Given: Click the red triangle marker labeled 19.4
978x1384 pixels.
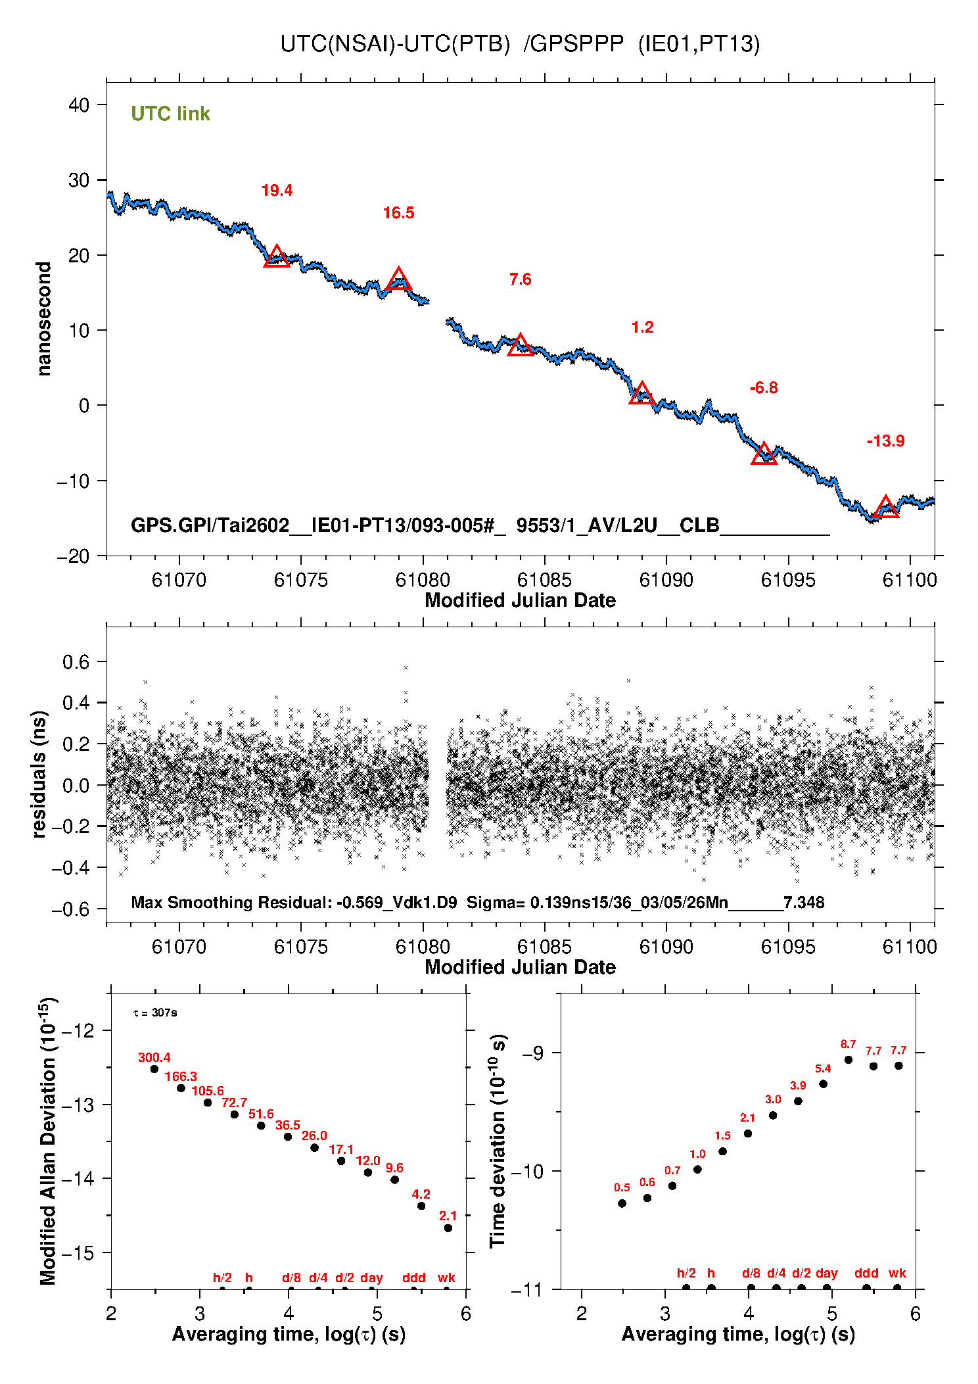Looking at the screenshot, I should click(277, 257).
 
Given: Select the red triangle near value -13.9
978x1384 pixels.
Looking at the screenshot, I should click(885, 508).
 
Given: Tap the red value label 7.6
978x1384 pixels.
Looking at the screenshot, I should click(520, 279).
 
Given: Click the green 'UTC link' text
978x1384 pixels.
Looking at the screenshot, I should click(170, 114).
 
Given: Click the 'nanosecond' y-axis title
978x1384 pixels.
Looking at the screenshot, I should click(43, 319).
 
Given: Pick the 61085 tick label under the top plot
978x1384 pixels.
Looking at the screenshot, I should click(544, 580).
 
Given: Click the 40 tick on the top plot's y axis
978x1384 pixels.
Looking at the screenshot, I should click(79, 105).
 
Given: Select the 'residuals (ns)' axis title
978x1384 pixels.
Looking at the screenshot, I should click(39, 774).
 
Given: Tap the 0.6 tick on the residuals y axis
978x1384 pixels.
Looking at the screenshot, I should click(76, 662).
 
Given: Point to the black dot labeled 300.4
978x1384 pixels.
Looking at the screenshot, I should click(154, 1068).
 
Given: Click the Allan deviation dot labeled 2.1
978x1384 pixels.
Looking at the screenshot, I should click(448, 1228).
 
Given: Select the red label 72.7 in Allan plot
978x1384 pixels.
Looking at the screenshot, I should click(234, 1103).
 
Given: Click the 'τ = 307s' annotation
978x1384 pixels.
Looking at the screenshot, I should click(155, 1013).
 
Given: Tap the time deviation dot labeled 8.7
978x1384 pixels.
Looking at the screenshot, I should click(849, 1059).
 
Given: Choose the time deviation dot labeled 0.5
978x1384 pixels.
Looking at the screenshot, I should click(622, 1203).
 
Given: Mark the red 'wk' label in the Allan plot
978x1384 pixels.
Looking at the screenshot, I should click(446, 1277).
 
